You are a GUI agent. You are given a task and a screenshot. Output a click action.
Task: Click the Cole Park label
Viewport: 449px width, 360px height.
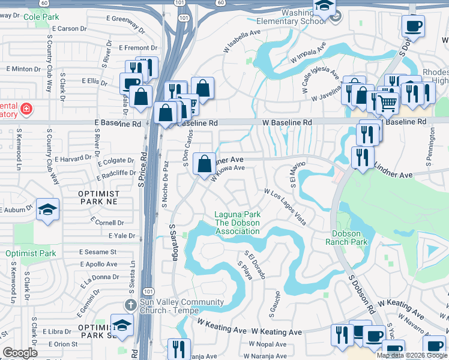point(41,17)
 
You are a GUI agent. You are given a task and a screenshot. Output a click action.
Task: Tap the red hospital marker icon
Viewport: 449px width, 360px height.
point(26,109)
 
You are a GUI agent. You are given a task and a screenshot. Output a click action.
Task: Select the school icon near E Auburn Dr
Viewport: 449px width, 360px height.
point(47,209)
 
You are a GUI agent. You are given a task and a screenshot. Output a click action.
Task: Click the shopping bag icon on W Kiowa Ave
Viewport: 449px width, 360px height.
point(205,163)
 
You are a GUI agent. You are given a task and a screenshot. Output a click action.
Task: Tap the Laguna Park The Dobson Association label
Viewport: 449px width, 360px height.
point(238,223)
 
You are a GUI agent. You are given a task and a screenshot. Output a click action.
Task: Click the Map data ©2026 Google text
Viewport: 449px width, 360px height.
point(411,355)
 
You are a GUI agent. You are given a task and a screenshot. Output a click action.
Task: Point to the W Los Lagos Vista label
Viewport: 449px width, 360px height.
point(286,207)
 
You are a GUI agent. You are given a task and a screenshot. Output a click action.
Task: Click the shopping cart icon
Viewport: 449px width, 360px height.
point(387,103)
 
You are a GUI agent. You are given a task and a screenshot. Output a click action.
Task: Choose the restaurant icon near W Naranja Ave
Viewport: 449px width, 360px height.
point(179,348)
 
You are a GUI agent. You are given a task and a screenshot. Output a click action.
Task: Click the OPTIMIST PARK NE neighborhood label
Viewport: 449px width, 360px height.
point(99,199)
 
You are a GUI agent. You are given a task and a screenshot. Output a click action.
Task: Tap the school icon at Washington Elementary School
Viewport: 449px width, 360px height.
point(324,7)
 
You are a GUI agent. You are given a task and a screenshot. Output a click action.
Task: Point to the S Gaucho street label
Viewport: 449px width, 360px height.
point(277,304)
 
